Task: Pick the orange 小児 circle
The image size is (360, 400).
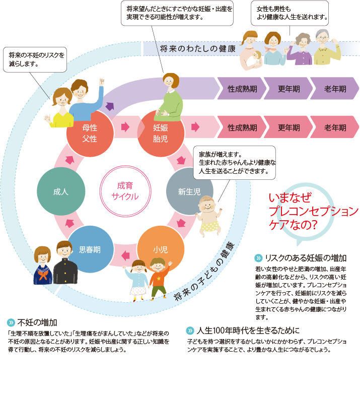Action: coord(160,249)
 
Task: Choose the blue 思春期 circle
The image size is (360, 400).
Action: coord(90,249)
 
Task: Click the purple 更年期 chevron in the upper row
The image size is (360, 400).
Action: coord(287,89)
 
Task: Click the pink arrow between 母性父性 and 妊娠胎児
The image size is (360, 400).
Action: coord(124,126)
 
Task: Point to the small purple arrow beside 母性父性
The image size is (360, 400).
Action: coord(109,106)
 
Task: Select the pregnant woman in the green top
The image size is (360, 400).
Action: coord(169,98)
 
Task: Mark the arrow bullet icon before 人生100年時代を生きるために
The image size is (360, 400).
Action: coord(190,331)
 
